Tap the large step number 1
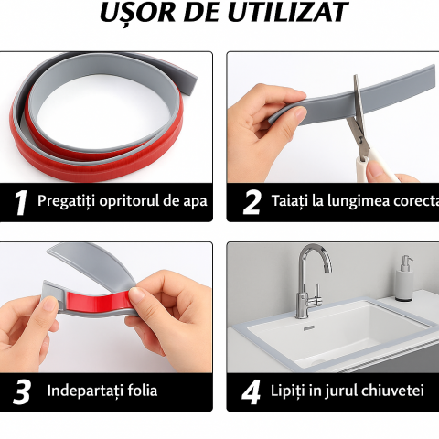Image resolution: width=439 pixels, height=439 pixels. (21, 203)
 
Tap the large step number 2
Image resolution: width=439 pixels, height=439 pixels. (252, 202)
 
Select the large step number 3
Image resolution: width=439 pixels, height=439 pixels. (22, 392)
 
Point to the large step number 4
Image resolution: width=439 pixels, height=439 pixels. (251, 392)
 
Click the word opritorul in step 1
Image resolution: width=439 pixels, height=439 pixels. (129, 201)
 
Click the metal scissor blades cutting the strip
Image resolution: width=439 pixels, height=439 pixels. (358, 108)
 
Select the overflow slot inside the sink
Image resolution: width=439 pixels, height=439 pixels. (309, 328)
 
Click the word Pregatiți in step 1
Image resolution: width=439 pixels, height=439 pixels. (66, 201)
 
